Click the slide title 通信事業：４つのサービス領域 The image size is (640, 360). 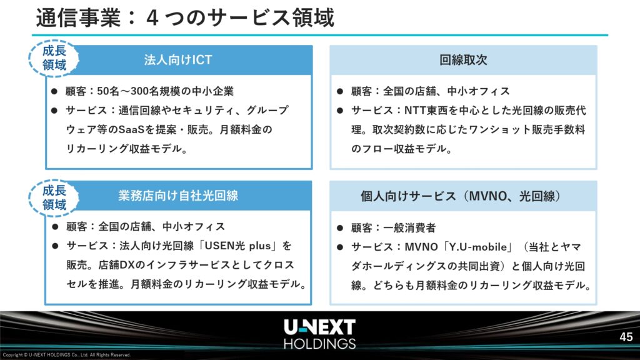[185, 18]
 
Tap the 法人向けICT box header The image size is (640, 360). [179, 60]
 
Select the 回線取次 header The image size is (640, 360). [463, 60]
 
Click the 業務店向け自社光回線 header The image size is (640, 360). [178, 196]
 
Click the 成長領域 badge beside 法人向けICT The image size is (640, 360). [54, 58]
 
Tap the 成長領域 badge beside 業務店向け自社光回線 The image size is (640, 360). [54, 197]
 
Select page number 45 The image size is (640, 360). [626, 337]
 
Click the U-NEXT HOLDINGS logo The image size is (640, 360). [319, 334]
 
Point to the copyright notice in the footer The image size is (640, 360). [66, 355]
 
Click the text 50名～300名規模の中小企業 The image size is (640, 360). [165, 91]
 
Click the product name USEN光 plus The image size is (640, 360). [237, 246]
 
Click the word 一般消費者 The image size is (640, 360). [409, 227]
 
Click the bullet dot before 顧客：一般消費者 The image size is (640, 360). [340, 227]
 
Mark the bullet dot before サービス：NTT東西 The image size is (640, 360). [340, 110]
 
